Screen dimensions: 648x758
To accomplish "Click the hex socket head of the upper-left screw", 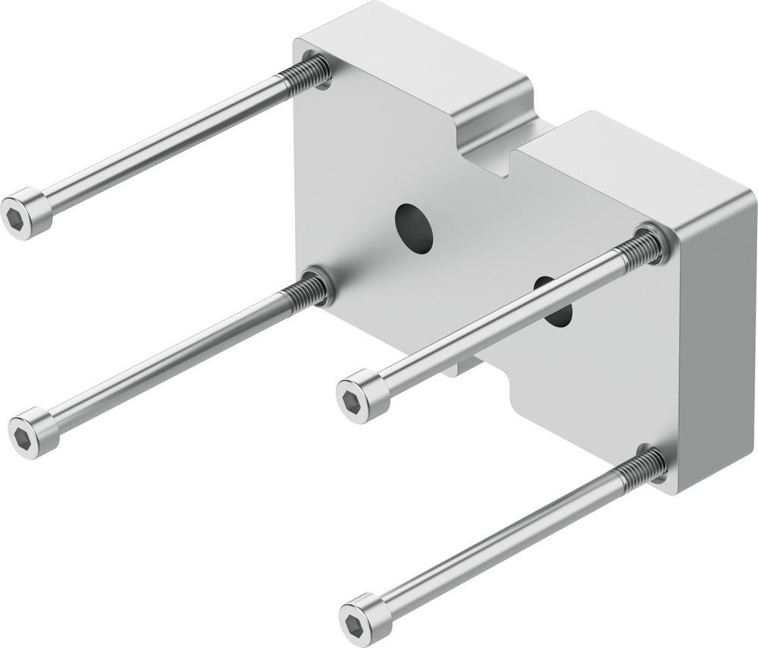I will (26, 213).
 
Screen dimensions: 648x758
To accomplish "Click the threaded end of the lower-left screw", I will (306, 289).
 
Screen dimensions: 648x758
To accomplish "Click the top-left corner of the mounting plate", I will (299, 42).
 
